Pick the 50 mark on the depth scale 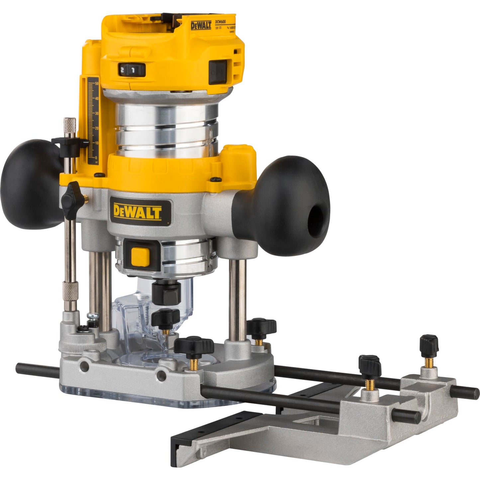(x=96, y=84)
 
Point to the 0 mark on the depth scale (x=96, y=158)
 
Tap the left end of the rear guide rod (x=20, y=367)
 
